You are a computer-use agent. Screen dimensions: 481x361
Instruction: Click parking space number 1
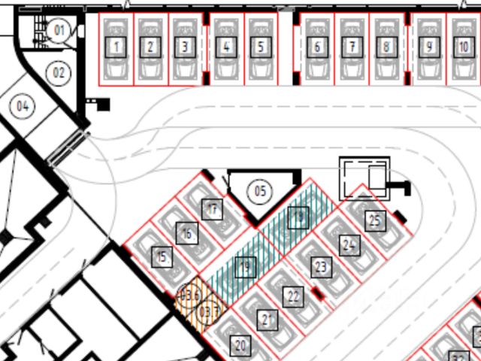click(x=116, y=47)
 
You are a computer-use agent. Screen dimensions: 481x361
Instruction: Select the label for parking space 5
click(x=260, y=47)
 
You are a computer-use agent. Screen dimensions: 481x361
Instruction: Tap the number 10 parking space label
click(x=464, y=47)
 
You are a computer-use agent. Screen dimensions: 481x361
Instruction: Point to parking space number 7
click(x=352, y=47)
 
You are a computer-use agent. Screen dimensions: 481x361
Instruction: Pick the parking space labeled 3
click(x=185, y=47)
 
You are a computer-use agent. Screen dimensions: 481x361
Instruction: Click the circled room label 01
click(x=59, y=30)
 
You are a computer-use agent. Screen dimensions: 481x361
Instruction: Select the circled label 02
click(x=58, y=74)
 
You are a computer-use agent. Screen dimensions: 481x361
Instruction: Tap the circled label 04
click(x=23, y=106)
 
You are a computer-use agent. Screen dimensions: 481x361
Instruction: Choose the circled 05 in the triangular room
click(x=260, y=190)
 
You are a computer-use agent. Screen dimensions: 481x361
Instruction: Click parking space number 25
click(x=375, y=220)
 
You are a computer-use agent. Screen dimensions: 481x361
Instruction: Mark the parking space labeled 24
click(x=349, y=244)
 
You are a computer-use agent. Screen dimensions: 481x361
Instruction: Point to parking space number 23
click(x=322, y=267)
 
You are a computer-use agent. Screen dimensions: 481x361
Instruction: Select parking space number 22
click(x=294, y=296)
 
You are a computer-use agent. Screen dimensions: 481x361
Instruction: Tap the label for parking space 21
click(x=268, y=320)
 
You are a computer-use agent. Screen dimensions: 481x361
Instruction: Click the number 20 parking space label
click(x=240, y=347)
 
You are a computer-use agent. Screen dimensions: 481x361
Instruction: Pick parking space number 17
click(x=213, y=209)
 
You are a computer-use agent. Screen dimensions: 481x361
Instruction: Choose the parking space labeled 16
click(x=186, y=233)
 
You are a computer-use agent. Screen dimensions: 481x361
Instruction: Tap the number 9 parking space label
click(x=429, y=47)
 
